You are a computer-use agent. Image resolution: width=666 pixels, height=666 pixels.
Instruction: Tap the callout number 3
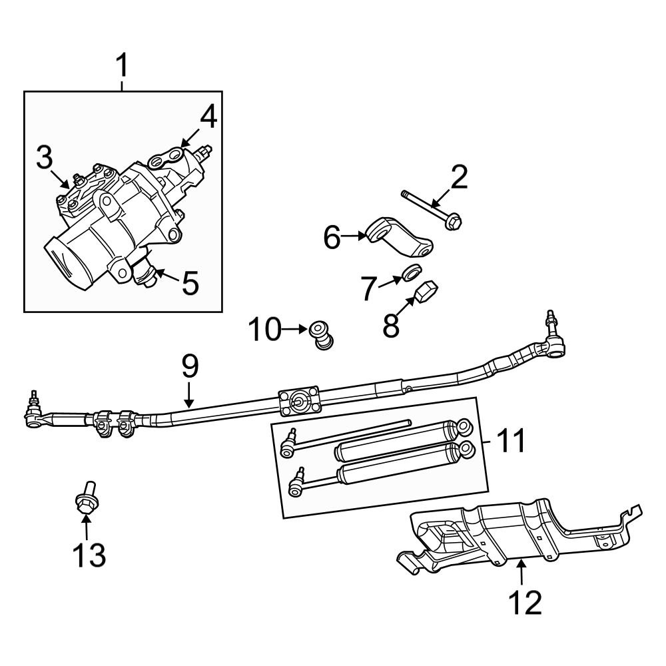(x=44, y=158)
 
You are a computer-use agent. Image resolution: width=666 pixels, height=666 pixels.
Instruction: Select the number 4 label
(x=208, y=117)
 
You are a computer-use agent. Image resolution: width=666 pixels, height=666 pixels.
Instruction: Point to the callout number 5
(x=190, y=283)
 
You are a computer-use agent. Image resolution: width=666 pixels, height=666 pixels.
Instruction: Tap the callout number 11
(x=512, y=441)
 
